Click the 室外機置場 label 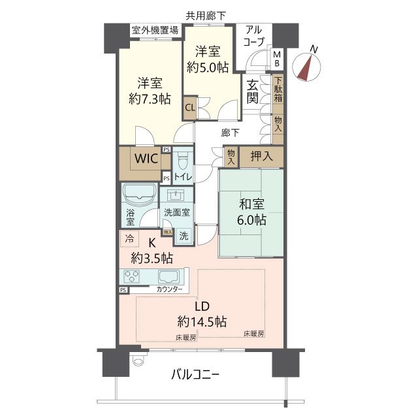[155, 31]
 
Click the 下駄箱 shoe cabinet [278, 90]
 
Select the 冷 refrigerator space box [129, 240]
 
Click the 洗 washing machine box [185, 235]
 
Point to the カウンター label [170, 289]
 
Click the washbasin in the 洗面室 [174, 194]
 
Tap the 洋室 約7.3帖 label [150, 91]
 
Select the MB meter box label [277, 58]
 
